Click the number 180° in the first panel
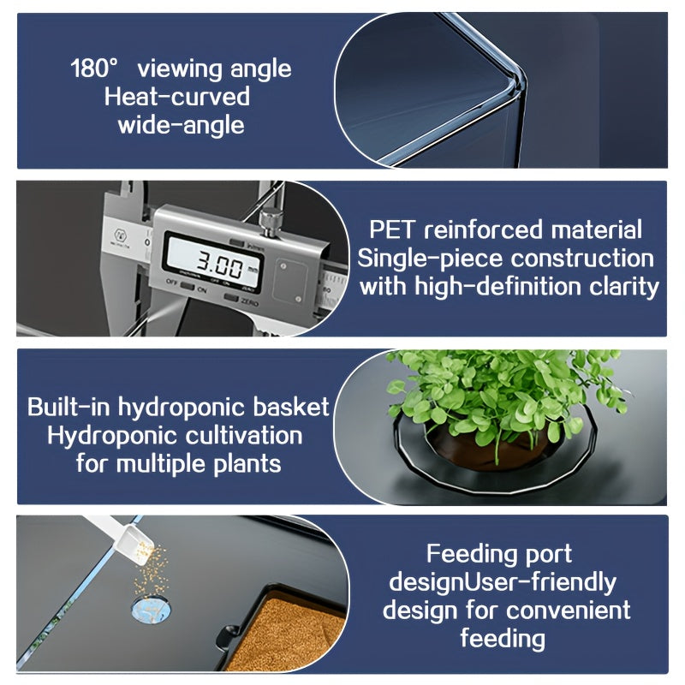[x=94, y=68]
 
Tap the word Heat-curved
[x=177, y=97]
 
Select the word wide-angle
[x=181, y=126]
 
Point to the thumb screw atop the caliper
[x=271, y=221]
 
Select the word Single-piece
[x=430, y=259]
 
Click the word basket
[x=291, y=408]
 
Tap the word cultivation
[x=244, y=436]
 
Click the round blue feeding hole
[x=151, y=609]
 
